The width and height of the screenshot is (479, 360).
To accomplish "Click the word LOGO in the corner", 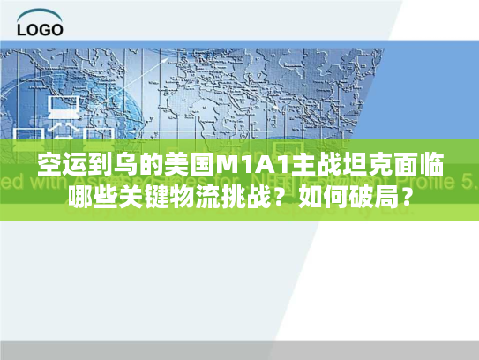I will (40, 28).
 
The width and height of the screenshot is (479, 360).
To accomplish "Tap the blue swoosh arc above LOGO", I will (39, 13).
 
